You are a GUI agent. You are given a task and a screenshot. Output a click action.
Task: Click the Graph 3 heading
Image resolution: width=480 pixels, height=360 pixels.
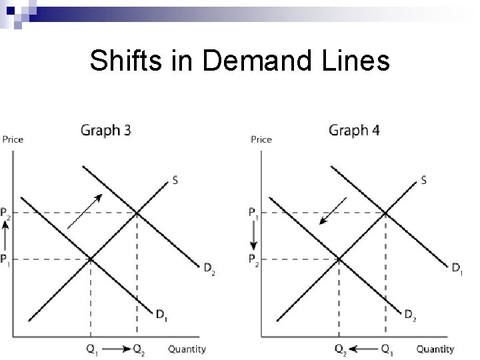[106, 130]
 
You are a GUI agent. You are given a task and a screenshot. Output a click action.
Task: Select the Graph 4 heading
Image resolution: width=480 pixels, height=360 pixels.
[354, 130]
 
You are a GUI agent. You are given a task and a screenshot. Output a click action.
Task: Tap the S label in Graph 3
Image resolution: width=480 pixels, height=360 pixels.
[175, 179]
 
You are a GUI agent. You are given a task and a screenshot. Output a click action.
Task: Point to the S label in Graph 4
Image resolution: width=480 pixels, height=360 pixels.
[424, 180]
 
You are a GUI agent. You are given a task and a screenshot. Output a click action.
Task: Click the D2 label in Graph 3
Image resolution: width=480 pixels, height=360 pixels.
[209, 269]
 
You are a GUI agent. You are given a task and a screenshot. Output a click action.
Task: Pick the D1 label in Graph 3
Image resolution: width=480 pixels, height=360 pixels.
[162, 314]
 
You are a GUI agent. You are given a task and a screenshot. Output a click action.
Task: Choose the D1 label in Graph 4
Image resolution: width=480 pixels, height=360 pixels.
[457, 269]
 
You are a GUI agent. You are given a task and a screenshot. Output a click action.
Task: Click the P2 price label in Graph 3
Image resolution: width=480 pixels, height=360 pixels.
[6, 213]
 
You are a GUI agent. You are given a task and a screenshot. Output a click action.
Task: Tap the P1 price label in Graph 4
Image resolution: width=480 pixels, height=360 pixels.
[254, 213]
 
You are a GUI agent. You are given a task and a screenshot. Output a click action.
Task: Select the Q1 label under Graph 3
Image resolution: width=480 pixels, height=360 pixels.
[91, 349]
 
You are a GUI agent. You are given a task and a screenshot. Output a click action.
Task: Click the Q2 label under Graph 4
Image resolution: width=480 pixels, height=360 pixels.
[340, 349]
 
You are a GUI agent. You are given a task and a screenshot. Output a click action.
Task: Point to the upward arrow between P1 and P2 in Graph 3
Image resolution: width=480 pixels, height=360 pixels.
[5, 236]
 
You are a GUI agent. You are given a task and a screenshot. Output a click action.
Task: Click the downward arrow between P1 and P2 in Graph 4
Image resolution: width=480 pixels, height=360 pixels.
[253, 236]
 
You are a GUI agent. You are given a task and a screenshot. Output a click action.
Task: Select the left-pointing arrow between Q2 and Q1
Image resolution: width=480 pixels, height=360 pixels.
[363, 348]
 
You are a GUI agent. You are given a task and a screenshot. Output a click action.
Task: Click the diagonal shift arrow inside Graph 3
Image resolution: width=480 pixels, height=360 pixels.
[85, 211]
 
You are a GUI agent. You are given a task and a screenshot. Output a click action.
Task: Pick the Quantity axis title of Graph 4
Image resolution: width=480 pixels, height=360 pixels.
[435, 349]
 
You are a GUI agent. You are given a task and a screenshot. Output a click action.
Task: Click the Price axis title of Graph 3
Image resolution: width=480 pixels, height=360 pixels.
[13, 139]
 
